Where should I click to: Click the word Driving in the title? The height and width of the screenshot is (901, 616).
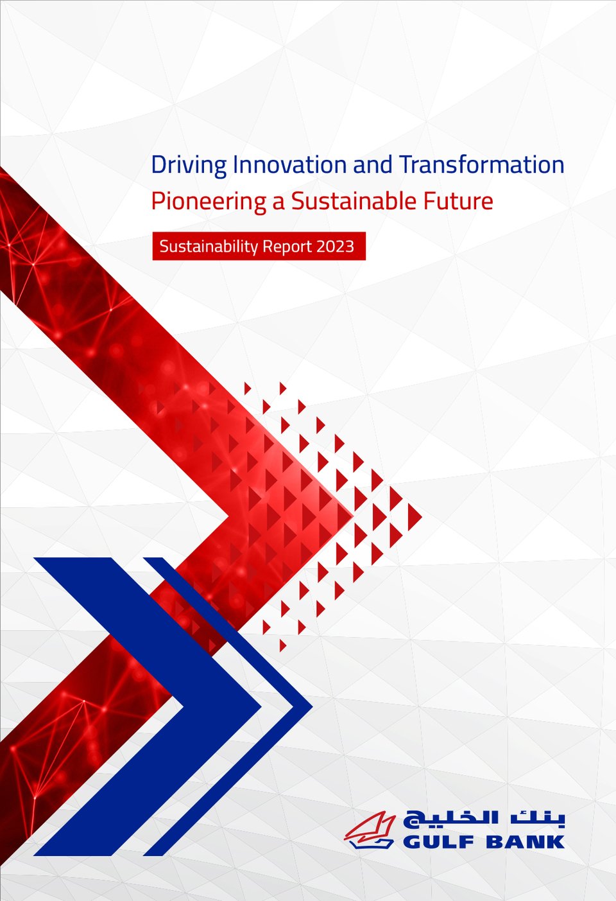point(189,165)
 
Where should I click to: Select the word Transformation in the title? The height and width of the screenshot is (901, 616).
point(482,164)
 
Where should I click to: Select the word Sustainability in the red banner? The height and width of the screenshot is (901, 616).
point(209,246)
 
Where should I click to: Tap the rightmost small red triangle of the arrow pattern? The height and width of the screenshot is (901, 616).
point(414,517)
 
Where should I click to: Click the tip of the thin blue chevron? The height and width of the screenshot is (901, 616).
point(312,706)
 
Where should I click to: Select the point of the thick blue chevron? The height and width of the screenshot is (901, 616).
point(261,706)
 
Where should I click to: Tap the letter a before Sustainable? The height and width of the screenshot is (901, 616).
point(279,202)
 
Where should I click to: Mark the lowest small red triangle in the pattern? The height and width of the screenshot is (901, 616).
point(282,645)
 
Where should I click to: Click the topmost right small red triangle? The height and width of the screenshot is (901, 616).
point(282,389)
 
